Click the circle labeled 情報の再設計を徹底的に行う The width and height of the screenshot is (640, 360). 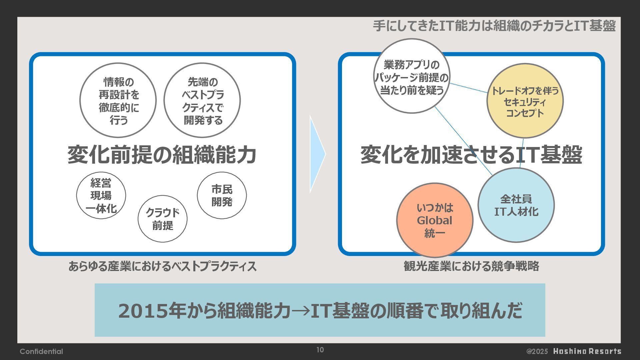point(118,100)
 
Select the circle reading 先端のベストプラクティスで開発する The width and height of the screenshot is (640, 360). point(202,100)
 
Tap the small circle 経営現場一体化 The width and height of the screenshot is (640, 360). point(101,196)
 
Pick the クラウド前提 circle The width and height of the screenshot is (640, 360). point(163,219)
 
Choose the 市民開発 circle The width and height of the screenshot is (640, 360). point(222,196)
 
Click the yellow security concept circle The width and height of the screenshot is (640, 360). point(525,101)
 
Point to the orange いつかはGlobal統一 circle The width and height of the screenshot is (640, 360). point(435,220)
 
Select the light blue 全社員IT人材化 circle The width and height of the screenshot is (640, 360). point(516,205)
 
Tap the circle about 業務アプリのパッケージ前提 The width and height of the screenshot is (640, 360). point(411,76)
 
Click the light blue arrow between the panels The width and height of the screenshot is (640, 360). point(316,154)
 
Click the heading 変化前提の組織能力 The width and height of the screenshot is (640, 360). point(162,155)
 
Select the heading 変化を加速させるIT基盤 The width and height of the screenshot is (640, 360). point(471,155)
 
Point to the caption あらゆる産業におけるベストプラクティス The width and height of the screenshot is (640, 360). point(162,266)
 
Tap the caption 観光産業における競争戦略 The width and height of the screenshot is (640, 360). point(471,266)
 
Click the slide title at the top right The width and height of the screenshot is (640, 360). point(494,26)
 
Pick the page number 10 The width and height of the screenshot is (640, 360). point(320,350)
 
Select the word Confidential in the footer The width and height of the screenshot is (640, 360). point(41,351)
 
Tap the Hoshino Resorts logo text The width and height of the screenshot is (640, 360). point(587,351)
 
